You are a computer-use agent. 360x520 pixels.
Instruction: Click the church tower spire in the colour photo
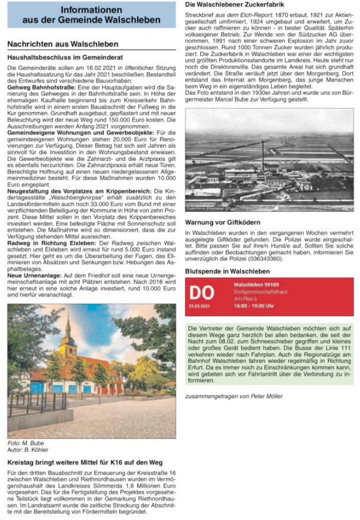[x=68, y=324]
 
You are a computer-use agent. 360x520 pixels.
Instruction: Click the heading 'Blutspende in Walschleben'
[x=228, y=271]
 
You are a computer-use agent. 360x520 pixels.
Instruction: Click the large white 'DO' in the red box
[x=201, y=292]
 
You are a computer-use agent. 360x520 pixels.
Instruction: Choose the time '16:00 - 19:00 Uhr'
[x=254, y=306]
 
